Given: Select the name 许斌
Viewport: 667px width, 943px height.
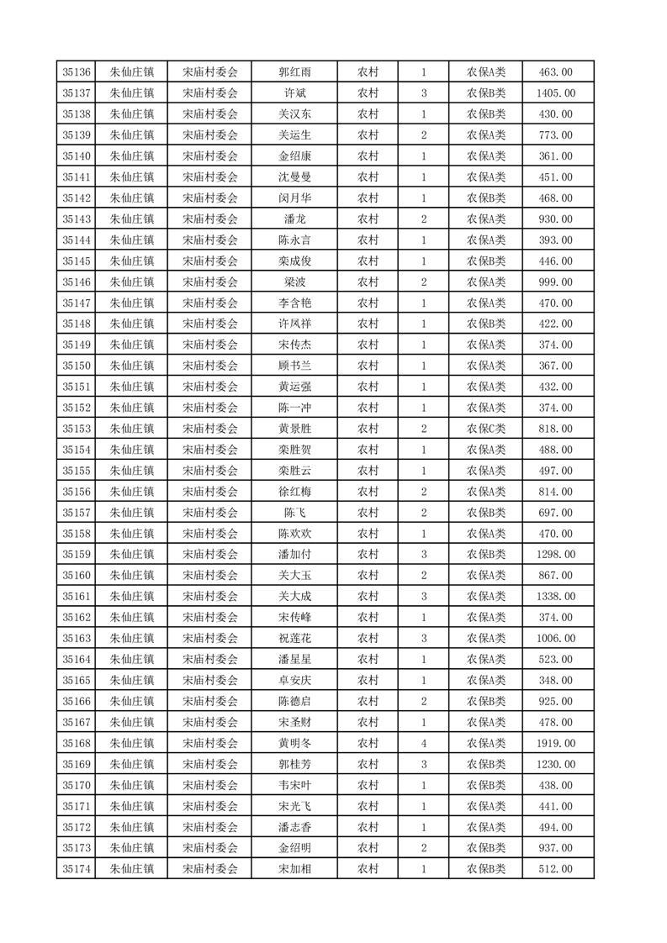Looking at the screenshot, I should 295,93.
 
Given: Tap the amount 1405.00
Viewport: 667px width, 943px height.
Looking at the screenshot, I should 556,93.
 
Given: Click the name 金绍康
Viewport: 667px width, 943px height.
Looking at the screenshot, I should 295,156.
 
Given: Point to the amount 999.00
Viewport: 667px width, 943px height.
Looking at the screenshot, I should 556,282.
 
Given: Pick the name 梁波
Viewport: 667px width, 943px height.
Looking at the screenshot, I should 295,282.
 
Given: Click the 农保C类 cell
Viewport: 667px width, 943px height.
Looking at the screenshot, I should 486,429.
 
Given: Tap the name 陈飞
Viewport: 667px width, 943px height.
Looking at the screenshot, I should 295,513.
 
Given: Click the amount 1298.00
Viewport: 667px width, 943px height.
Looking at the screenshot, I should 556,555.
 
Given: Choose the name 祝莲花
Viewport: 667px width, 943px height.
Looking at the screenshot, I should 295,639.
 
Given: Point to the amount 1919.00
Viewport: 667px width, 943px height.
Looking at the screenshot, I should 556,743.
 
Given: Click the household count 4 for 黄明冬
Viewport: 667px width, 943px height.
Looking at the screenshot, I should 423,743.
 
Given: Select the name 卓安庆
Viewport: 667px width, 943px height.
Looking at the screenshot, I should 295,680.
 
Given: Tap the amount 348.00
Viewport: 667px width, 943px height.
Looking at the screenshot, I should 556,680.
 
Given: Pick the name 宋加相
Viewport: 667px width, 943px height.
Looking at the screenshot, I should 295,869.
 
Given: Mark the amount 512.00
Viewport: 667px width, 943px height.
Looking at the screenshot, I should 556,869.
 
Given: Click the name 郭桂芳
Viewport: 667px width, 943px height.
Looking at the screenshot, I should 295,764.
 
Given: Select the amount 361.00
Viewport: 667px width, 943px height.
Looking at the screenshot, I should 556,156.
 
